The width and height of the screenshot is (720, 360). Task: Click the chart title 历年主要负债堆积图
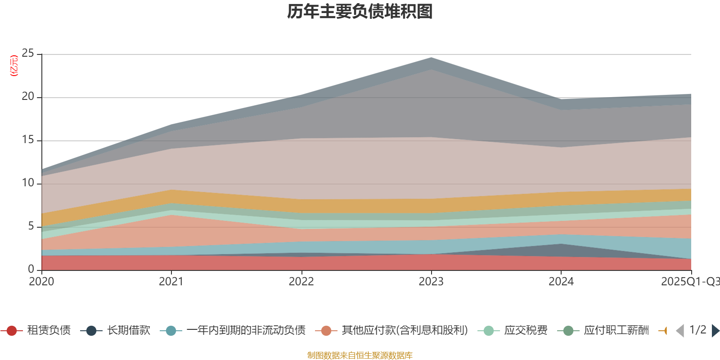point(360,12)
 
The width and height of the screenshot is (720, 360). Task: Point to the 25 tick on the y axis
point(28,54)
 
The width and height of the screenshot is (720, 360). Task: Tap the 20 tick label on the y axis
point(28,97)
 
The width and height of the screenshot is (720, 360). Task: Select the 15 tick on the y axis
point(28,140)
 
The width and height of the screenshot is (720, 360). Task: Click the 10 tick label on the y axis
point(28,183)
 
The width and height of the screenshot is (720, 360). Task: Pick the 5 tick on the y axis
point(31,226)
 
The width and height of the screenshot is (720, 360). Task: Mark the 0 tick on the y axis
point(31,269)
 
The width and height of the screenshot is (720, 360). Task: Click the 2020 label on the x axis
point(41,282)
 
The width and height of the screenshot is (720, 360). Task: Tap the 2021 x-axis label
point(171,282)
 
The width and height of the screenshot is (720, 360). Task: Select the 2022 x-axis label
point(301,282)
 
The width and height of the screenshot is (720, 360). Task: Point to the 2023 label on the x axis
point(431,282)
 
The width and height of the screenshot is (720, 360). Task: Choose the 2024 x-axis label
point(561,282)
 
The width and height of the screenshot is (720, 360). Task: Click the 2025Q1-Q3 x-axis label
point(690,282)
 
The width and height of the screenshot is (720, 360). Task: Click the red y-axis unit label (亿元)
point(14,66)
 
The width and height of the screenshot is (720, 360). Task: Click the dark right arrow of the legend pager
point(715,331)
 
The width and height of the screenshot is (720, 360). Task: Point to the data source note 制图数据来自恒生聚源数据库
point(360,355)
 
